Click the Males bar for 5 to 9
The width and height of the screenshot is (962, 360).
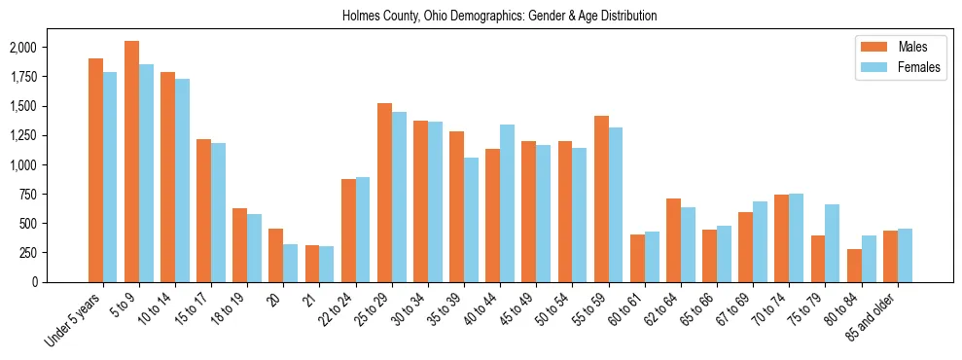(131, 162)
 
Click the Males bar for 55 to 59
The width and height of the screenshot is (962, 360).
(601, 198)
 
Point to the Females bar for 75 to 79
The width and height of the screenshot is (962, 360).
(833, 243)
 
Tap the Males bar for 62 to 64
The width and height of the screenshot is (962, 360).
(673, 240)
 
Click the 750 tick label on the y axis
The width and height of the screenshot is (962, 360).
(28, 195)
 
